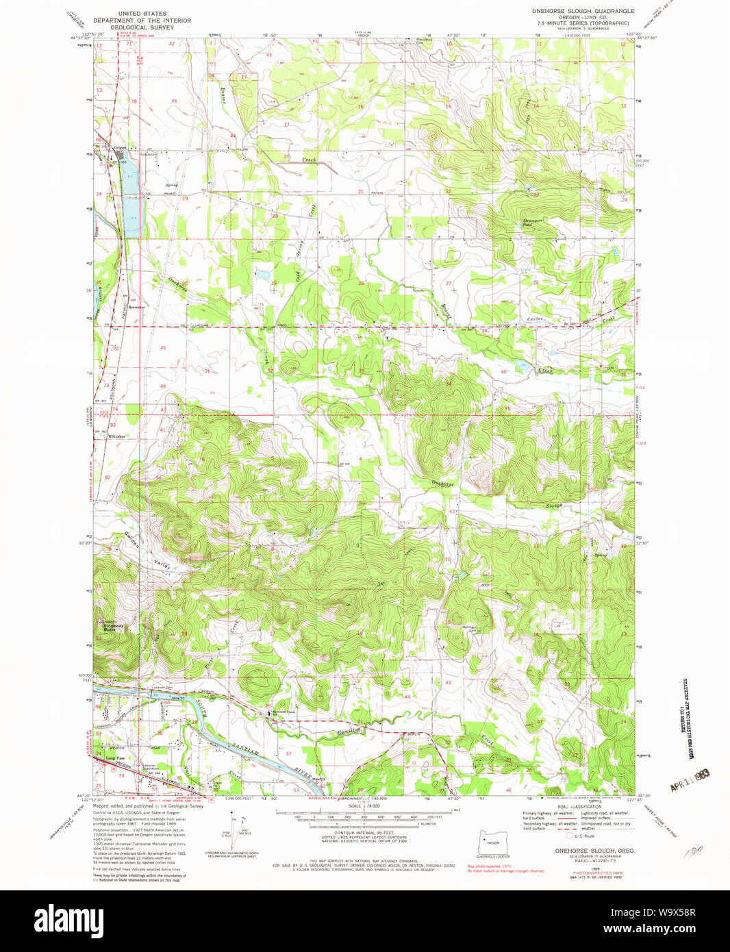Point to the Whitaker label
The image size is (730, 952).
click(x=116, y=436)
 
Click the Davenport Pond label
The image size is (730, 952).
click(x=532, y=222)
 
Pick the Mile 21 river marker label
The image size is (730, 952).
click(x=179, y=697)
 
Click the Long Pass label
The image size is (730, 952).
click(x=115, y=758)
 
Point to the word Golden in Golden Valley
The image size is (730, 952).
click(x=132, y=540)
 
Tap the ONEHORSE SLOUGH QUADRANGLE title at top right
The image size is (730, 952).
click(x=583, y=11)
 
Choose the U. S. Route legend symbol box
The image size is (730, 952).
click(x=568, y=836)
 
